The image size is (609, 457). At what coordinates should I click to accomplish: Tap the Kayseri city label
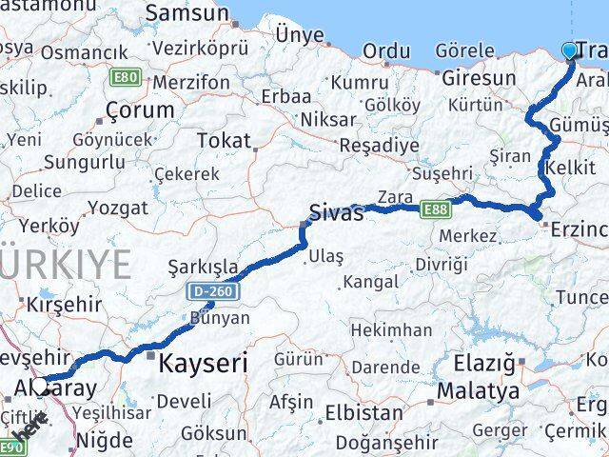pyautogui.click(x=202, y=362)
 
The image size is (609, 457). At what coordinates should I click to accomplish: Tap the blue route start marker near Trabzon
pyautogui.click(x=570, y=50)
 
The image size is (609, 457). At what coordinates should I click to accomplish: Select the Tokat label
pyautogui.click(x=223, y=141)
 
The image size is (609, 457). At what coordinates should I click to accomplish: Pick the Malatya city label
pyautogui.click(x=478, y=391)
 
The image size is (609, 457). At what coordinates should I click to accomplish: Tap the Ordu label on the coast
pyautogui.click(x=386, y=50)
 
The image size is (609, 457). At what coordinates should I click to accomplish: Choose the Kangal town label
pyautogui.click(x=370, y=281)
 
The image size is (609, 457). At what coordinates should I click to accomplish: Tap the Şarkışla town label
pyautogui.click(x=200, y=266)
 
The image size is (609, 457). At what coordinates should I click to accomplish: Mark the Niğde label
pyautogui.click(x=104, y=440)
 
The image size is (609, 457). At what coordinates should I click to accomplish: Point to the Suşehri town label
pyautogui.click(x=442, y=173)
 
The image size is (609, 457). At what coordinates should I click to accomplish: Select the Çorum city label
pyautogui.click(x=140, y=109)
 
